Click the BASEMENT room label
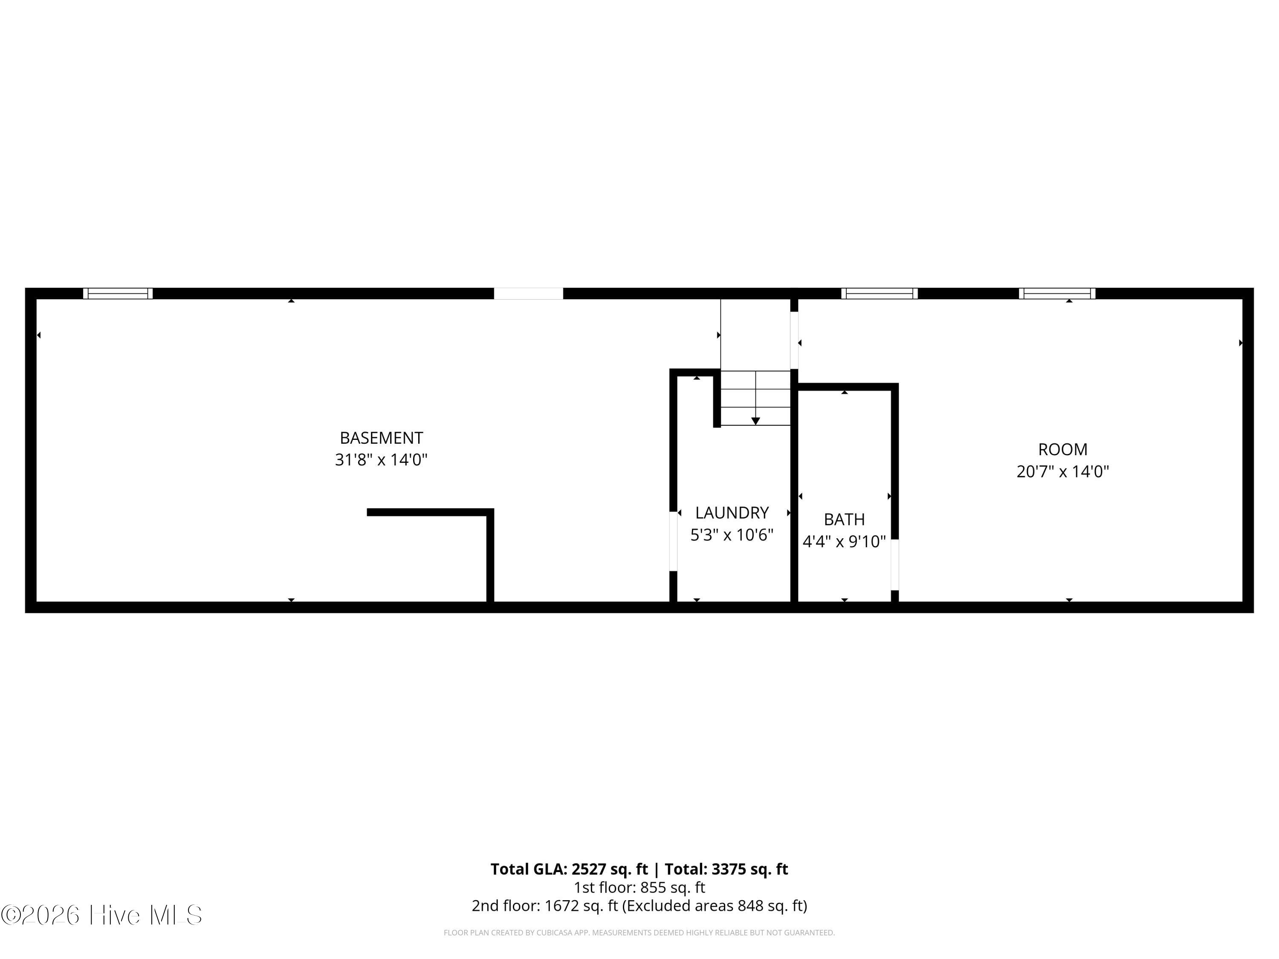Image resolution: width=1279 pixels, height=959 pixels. click(x=381, y=438)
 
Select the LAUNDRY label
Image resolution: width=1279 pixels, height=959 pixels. click(x=732, y=513)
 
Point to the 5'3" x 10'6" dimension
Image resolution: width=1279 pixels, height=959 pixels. click(x=732, y=535)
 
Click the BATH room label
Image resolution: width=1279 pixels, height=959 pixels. click(x=844, y=520)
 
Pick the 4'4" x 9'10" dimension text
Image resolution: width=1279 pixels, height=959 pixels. click(x=844, y=542)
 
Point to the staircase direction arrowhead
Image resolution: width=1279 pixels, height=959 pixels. click(x=755, y=421)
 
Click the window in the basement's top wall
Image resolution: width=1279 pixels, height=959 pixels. click(x=118, y=294)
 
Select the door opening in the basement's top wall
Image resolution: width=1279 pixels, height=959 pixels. click(x=528, y=294)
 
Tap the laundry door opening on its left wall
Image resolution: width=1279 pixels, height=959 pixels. click(x=673, y=541)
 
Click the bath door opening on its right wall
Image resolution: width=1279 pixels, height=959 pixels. click(x=894, y=564)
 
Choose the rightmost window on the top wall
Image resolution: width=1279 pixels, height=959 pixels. click(x=1057, y=294)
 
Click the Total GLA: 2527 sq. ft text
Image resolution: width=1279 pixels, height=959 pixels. click(x=570, y=869)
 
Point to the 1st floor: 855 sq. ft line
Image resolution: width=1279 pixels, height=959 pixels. click(x=639, y=887)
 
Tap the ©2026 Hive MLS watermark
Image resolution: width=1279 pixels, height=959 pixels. click(x=102, y=915)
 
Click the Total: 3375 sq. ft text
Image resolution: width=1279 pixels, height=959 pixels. click(x=726, y=869)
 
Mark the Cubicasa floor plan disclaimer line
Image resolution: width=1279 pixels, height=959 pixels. click(x=639, y=933)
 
